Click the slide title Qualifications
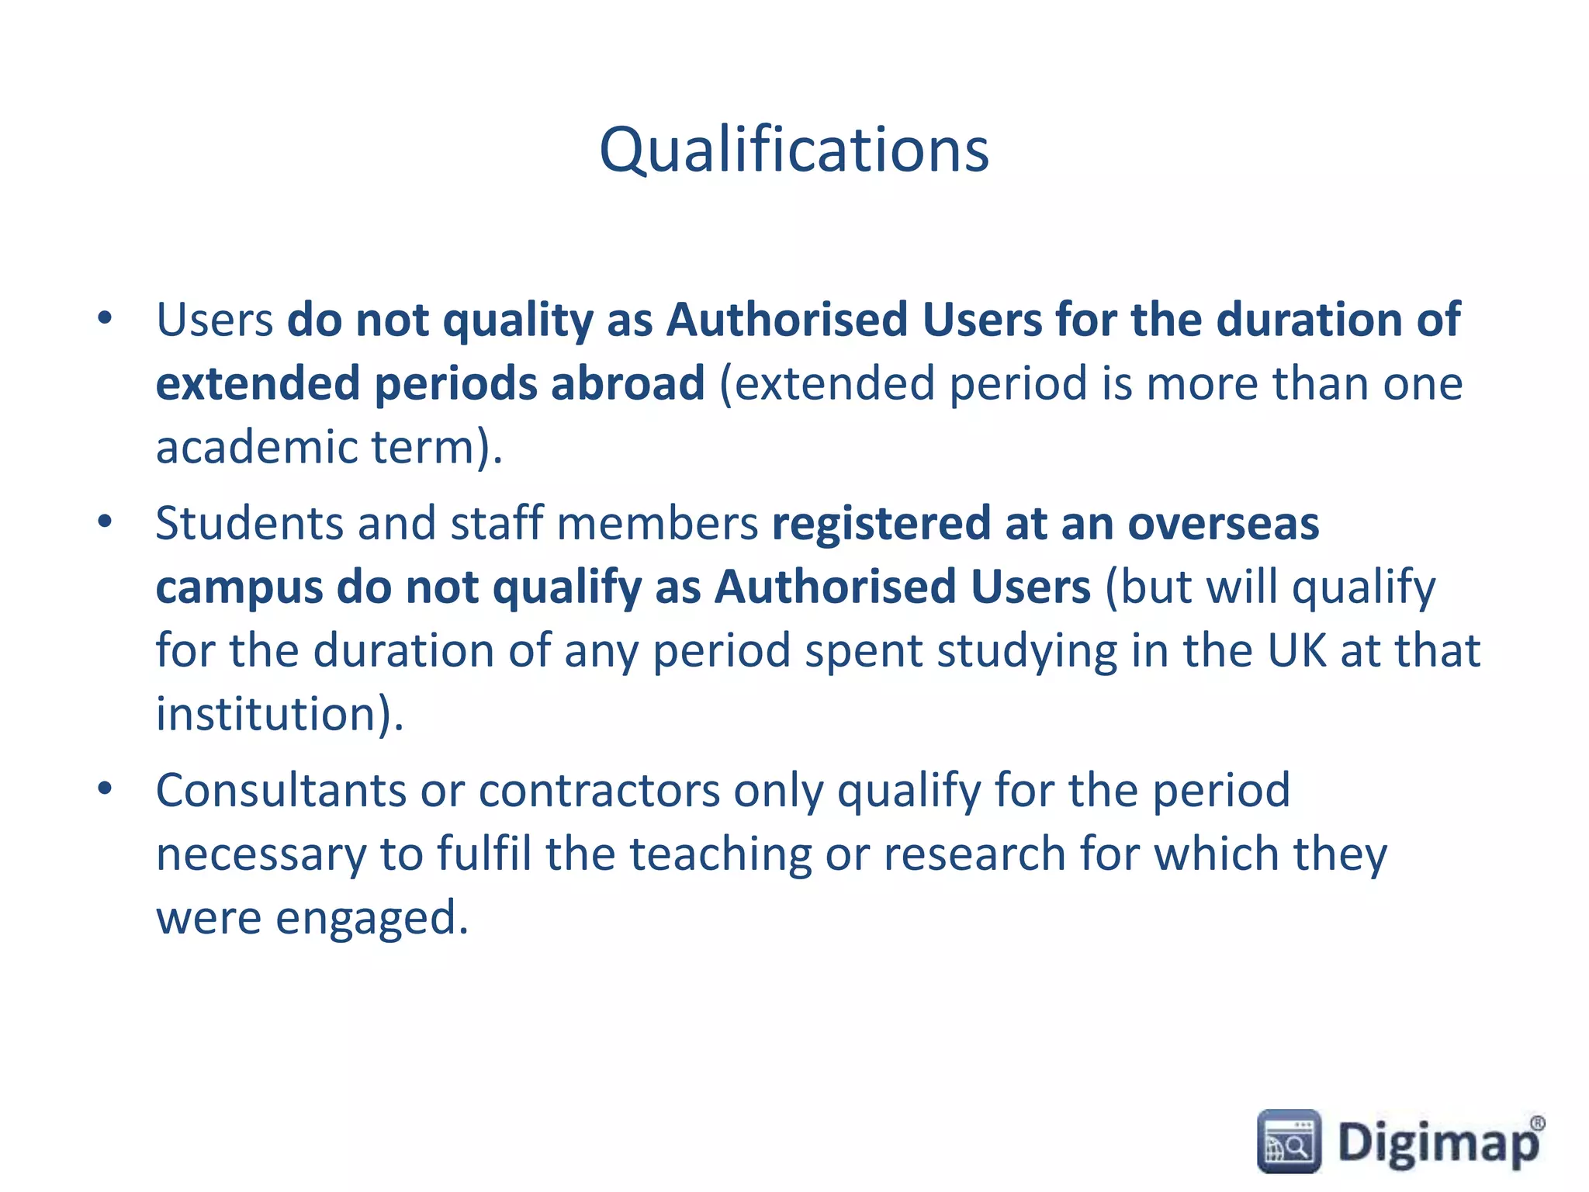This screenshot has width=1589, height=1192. coord(794,150)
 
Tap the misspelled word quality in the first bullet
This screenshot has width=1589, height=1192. coord(518,321)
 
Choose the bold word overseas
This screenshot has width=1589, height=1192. coord(1223,523)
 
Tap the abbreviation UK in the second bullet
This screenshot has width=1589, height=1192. coord(1296,650)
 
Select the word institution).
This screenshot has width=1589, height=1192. coord(280,714)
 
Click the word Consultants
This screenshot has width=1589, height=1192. coord(281,791)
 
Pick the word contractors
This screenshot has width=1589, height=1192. coord(599,791)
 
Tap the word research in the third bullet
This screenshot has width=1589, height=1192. coord(975,854)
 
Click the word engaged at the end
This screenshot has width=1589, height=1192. coord(372,918)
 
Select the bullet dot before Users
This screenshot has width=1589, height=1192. coord(106,318)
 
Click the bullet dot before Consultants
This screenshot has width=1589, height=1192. coord(106,789)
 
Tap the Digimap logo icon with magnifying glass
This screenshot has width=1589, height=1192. coord(1288,1141)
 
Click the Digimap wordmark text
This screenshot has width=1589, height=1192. coord(1437,1144)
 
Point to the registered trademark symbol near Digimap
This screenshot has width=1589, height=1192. coord(1536,1124)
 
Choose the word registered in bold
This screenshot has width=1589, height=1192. coord(881,523)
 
